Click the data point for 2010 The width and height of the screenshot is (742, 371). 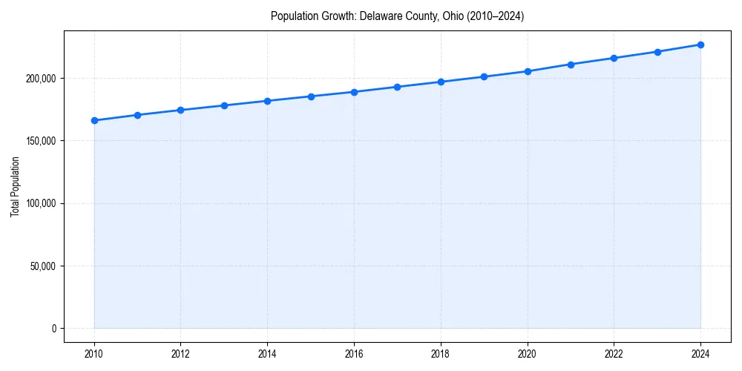[x=94, y=120]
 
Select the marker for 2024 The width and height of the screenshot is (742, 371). [x=700, y=45]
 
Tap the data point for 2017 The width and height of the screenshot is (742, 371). [x=398, y=87]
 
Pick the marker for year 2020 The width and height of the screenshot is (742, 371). [x=528, y=71]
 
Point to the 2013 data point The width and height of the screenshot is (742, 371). [x=224, y=105]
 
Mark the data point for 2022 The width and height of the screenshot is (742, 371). [x=614, y=58]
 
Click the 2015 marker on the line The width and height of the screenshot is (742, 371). [x=311, y=96]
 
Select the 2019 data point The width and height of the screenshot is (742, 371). [x=484, y=76]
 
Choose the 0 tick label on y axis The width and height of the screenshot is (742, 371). [x=53, y=329]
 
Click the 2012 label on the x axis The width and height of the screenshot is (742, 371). [x=181, y=355]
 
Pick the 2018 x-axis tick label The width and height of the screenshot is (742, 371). [x=441, y=355]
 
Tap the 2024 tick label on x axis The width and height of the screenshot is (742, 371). [x=700, y=355]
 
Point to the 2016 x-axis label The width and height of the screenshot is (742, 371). [x=354, y=355]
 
